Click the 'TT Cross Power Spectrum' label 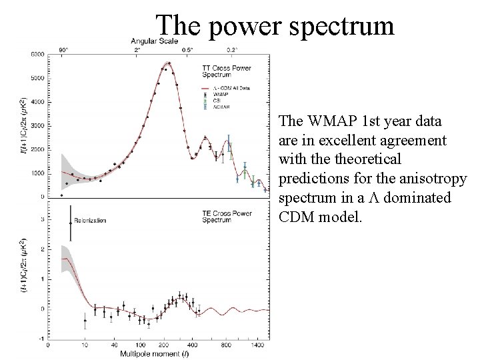(219, 71)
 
